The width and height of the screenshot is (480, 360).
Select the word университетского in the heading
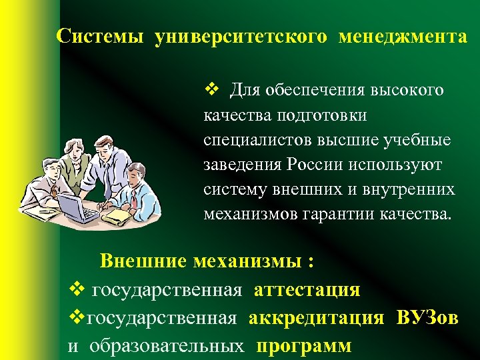[241, 37]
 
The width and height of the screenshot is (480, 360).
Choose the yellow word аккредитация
[316, 318]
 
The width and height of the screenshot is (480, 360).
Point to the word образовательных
[166, 346]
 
